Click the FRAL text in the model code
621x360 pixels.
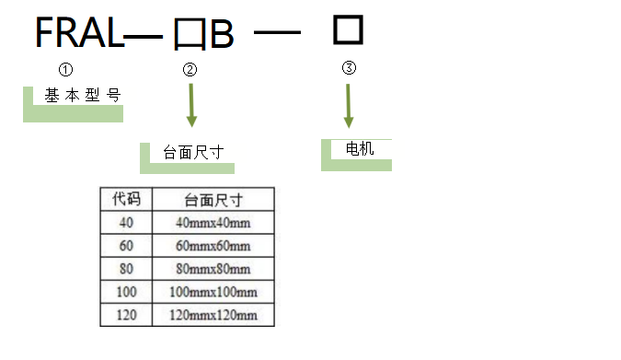78,34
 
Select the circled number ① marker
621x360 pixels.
65,69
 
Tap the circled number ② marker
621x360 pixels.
190,70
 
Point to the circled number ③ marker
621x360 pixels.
348,68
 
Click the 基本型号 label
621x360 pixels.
82,95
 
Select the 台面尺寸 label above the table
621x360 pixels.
192,153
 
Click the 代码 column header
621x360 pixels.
126,199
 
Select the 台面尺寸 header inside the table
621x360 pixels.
213,199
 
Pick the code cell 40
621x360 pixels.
126,222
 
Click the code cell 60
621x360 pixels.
126,246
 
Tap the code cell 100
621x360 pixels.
126,293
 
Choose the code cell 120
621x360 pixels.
126,316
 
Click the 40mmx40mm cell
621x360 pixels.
213,222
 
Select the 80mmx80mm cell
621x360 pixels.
213,270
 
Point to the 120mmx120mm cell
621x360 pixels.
213,316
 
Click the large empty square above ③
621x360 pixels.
348,29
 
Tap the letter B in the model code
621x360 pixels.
222,36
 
